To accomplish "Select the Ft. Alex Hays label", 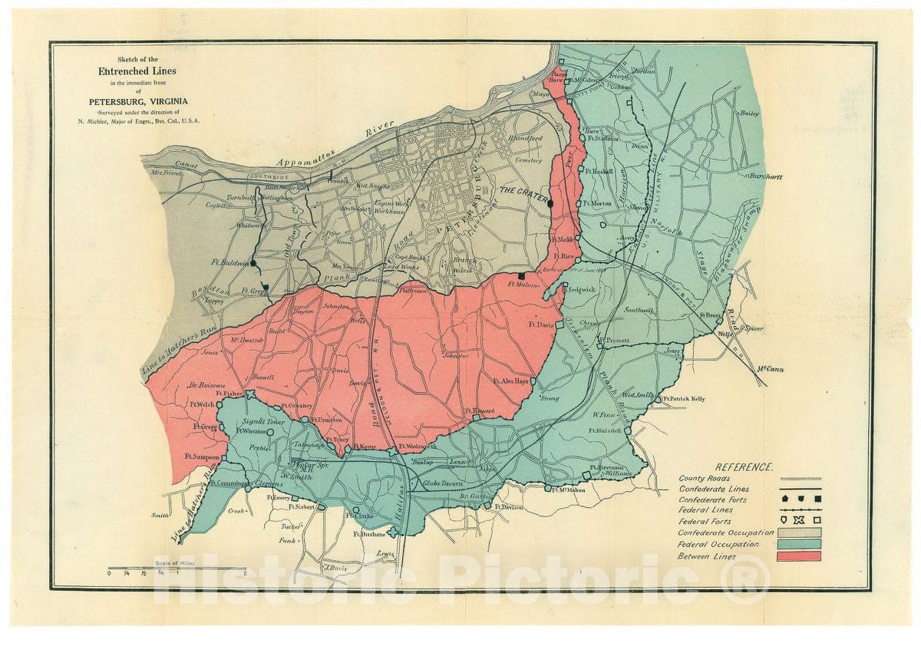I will tap(510, 381).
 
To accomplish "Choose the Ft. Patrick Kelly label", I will tap(685, 399).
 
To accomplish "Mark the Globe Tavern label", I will tap(441, 484).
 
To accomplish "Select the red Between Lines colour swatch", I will tap(798, 556).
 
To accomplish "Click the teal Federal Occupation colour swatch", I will tap(798, 544).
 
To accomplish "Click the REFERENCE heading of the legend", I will tap(744, 466).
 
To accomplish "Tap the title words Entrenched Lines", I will tap(142, 71).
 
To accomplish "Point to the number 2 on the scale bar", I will tap(244, 573).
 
